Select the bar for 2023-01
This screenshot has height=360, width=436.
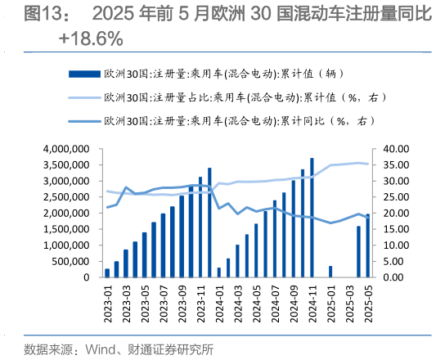(107, 272)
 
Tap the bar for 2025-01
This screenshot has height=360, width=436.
(330, 271)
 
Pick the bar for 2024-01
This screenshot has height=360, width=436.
(218, 272)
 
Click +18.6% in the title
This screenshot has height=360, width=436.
(92, 38)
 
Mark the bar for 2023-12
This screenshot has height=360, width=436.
(209, 223)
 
